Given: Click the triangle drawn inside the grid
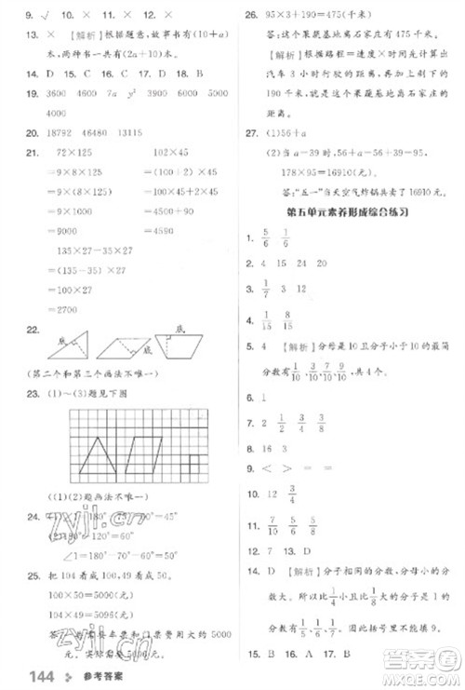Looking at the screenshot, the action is [x=98, y=455].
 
